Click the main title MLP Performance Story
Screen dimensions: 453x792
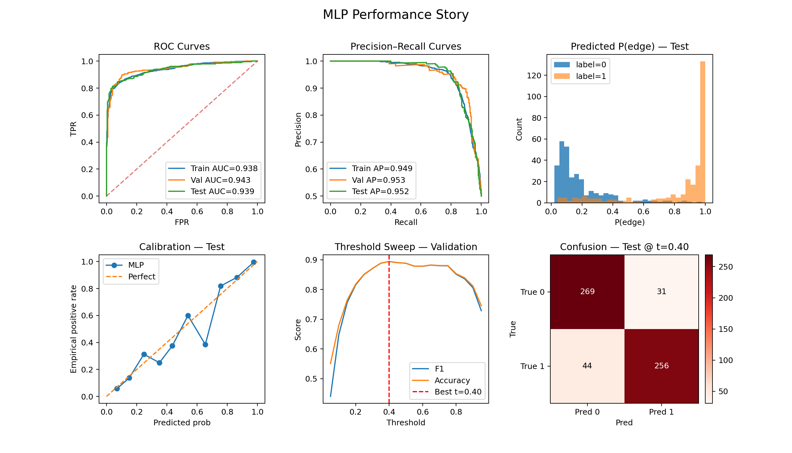click(x=396, y=15)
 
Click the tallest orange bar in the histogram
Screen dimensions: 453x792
click(x=703, y=132)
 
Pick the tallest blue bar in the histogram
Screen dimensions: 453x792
click(x=562, y=172)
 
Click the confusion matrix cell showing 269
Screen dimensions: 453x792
click(x=587, y=292)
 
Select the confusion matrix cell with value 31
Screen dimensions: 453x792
click(x=661, y=292)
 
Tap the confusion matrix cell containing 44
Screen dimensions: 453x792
click(x=587, y=366)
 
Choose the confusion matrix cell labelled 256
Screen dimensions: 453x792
click(x=661, y=366)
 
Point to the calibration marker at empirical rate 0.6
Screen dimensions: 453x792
click(x=188, y=316)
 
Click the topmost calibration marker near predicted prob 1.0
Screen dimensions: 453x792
click(x=254, y=262)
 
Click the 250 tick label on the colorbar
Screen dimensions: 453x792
click(x=725, y=267)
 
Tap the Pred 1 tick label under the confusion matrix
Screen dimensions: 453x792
click(x=661, y=412)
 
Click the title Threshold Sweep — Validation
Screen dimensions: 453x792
click(x=405, y=247)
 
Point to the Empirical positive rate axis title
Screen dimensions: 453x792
click(x=74, y=329)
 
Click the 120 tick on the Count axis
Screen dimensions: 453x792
click(x=534, y=75)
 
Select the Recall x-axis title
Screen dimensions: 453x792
click(x=405, y=222)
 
